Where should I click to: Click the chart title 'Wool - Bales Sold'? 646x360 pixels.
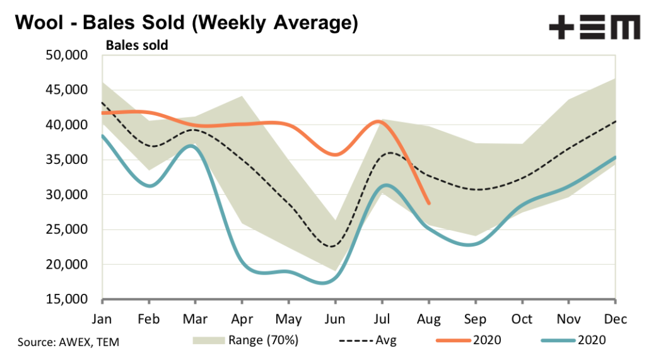pos(186,23)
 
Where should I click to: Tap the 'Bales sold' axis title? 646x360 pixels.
pos(137,45)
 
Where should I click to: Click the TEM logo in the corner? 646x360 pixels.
pos(594,27)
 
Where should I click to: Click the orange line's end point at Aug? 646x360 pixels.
pos(429,204)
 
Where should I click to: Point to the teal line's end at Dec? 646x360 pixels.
pos(616,158)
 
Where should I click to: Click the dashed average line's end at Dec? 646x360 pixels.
pos(616,121)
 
